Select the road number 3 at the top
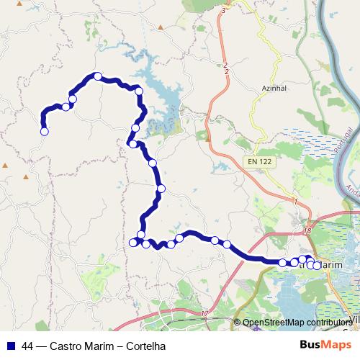224,12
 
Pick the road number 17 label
204,313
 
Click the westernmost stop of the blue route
44,132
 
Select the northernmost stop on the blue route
97,76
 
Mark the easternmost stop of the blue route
317,266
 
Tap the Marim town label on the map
329,265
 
